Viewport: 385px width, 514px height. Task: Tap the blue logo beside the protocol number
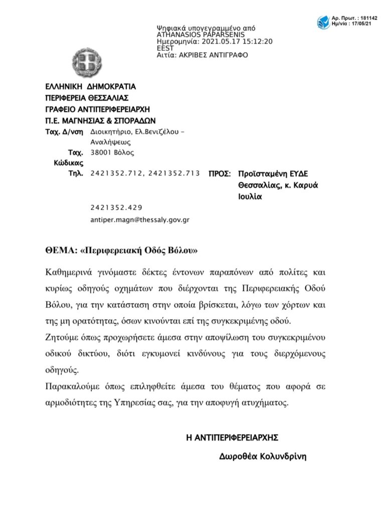(x=323, y=23)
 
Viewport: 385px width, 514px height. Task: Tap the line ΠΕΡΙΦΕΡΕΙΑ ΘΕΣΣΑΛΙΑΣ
(x=87, y=97)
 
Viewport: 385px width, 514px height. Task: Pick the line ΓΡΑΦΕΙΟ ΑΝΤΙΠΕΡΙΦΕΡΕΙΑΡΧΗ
(x=97, y=109)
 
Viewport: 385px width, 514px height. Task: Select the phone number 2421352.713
(x=174, y=174)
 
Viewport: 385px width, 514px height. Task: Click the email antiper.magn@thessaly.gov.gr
(x=140, y=219)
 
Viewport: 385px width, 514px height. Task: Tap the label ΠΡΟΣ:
(x=219, y=174)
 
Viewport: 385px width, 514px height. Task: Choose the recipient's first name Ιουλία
(x=250, y=197)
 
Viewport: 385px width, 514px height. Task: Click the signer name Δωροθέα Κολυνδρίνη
(x=262, y=457)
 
